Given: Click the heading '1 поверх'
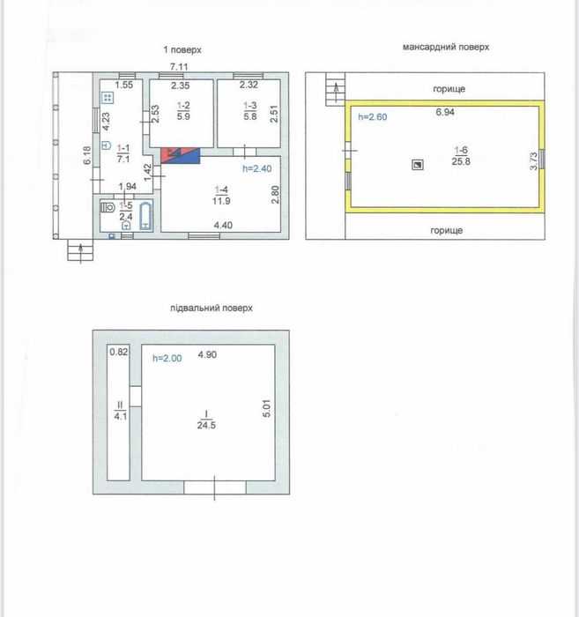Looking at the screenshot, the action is click(182, 50).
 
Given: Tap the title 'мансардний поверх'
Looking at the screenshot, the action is click(446, 47).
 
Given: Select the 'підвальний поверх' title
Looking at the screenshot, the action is click(212, 308).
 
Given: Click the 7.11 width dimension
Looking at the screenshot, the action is click(179, 66).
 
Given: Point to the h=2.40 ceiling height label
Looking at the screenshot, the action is click(256, 169).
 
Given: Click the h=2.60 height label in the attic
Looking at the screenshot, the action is click(373, 117).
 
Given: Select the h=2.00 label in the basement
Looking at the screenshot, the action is click(167, 358).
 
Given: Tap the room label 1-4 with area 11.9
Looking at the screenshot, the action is click(221, 196).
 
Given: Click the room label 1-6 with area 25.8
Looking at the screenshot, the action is click(461, 156).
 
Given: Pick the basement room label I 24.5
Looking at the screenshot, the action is click(206, 420).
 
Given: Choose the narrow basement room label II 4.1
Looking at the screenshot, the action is click(121, 411).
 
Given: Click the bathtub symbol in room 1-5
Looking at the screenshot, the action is click(146, 216).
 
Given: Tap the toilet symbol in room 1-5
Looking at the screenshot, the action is click(108, 207).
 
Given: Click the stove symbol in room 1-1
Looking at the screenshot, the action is click(108, 98).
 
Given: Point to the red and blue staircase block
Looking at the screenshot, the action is click(180, 155).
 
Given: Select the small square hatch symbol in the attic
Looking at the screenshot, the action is click(418, 165).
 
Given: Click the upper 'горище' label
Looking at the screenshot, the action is click(449, 89).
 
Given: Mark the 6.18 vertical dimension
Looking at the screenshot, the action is click(87, 155).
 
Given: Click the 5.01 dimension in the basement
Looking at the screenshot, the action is click(267, 408).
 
